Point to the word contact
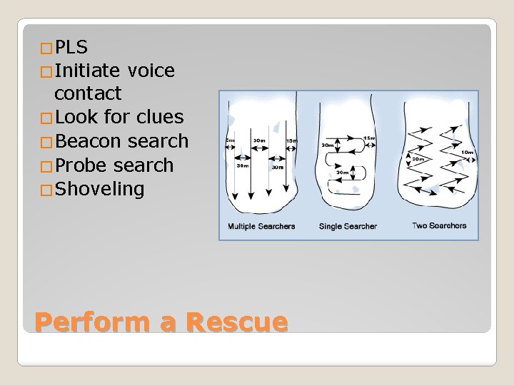88,93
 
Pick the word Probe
81,165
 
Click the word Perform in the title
95,322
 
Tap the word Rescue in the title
236,322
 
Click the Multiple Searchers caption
262,227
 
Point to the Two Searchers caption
439,226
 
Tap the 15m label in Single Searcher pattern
371,138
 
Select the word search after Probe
143,165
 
